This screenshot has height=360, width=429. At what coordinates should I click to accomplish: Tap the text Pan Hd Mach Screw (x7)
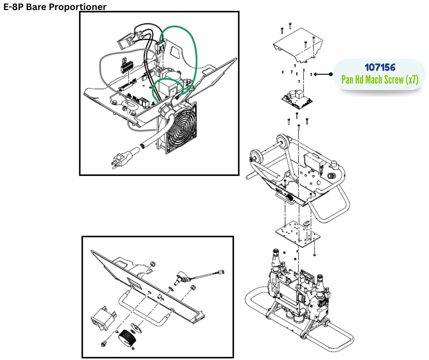click(380, 79)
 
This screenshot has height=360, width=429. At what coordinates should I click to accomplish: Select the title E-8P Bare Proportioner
click(55, 7)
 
